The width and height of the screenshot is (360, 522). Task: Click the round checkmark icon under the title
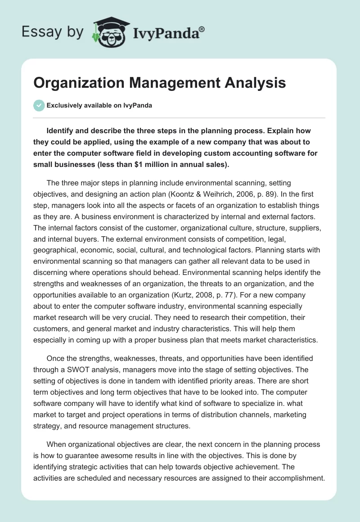click(x=39, y=105)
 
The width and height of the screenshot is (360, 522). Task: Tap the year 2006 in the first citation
click(x=269, y=194)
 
